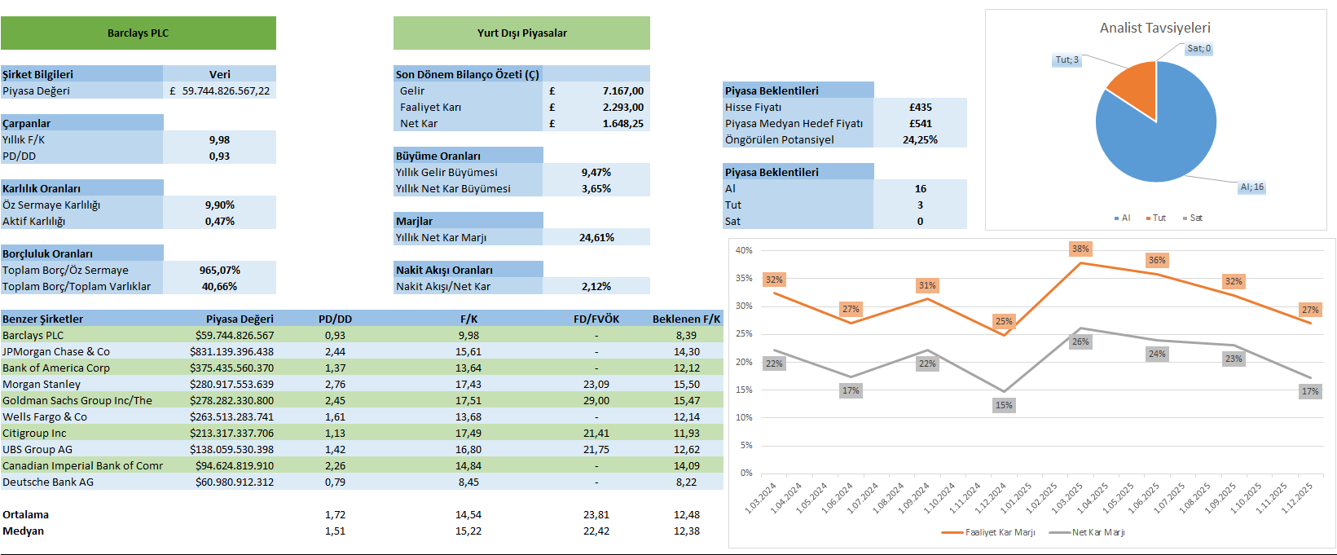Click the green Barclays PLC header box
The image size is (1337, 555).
(x=138, y=33)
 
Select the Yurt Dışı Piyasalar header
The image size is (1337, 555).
(x=521, y=33)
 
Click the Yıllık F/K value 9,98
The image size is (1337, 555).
(x=219, y=139)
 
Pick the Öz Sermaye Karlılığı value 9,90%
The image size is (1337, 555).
(x=219, y=205)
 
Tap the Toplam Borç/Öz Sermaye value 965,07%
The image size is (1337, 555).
(x=219, y=270)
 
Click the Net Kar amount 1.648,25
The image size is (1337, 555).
(x=622, y=123)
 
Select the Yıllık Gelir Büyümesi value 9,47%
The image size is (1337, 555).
(x=596, y=172)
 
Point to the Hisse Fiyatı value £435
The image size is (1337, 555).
(x=920, y=107)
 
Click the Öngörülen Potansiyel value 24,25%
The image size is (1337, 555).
(x=920, y=139)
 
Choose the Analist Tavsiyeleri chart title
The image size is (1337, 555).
(x=1154, y=28)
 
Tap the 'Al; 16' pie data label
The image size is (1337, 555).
(x=1251, y=187)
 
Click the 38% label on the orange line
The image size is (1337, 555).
(x=1080, y=249)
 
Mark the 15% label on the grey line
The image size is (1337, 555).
(x=1004, y=405)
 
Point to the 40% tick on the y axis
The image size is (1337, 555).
(x=744, y=250)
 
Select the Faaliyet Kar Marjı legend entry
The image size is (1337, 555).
(x=989, y=532)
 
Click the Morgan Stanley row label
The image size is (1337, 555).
(x=42, y=384)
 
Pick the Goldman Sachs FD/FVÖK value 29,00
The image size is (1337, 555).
(x=596, y=400)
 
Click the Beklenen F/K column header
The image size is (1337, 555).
(x=686, y=319)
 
